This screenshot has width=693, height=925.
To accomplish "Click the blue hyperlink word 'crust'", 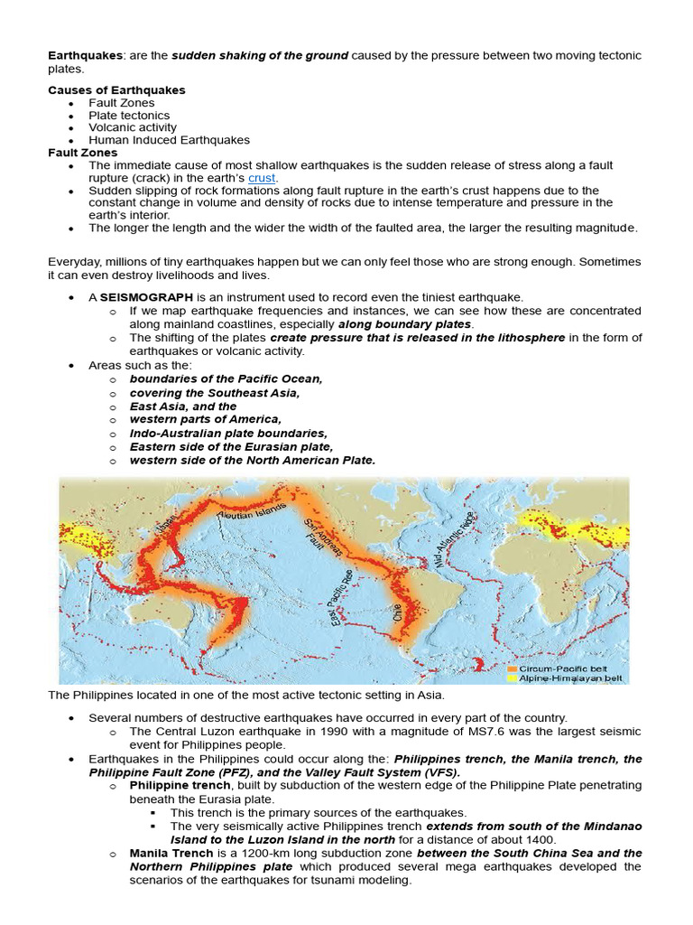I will click(x=262, y=178).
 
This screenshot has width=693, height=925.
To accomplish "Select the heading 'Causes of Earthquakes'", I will click(x=116, y=90).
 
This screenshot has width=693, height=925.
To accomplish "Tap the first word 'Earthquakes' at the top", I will click(x=84, y=56).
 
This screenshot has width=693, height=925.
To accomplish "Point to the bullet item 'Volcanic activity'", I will click(x=133, y=128).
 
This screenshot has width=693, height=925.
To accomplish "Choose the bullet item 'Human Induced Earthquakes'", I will click(x=169, y=141).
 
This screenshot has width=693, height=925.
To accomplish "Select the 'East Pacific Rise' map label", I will click(x=341, y=599).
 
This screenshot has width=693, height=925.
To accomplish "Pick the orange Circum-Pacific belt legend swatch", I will click(x=513, y=667).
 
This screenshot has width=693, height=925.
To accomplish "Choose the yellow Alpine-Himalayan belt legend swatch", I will click(x=513, y=677).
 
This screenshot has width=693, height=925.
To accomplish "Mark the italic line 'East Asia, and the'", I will click(x=183, y=406).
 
